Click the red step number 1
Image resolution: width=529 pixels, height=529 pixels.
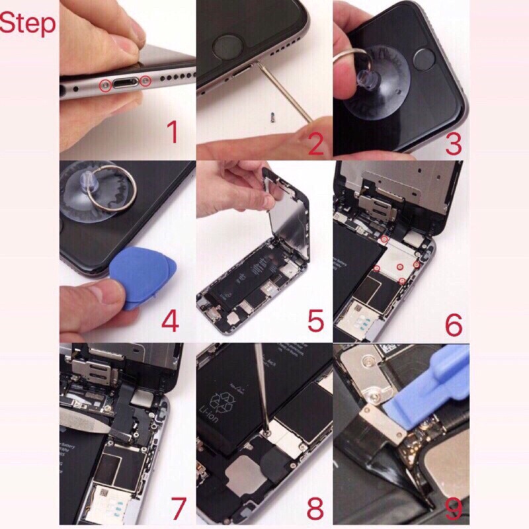pos(171,132)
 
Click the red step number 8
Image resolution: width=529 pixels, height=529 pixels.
pos(315,509)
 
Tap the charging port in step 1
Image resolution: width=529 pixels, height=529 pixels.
pos(124,85)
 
